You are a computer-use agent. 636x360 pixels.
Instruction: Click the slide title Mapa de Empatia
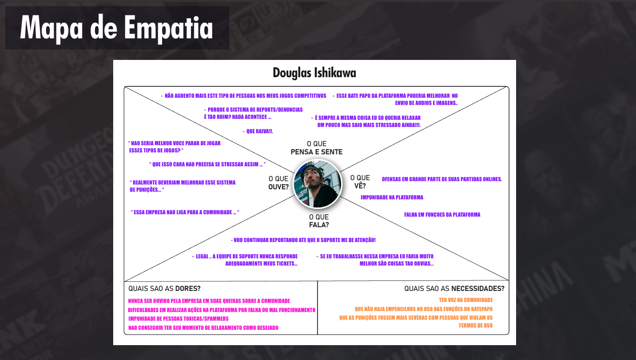coord(117,28)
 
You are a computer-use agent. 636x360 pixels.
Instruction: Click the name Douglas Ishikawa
coord(314,73)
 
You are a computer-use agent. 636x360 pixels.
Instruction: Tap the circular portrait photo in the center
coord(317,184)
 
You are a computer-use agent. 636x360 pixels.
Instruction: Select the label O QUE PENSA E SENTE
coord(317,148)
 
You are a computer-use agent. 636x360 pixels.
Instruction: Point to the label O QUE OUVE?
coord(279,183)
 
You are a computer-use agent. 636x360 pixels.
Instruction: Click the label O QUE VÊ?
coord(360,182)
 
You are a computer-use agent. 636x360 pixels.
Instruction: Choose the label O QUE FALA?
coord(319,221)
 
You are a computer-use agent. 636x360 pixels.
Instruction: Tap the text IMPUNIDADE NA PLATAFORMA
coord(392,197)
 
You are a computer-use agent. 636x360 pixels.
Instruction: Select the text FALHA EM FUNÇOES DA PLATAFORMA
coord(442,215)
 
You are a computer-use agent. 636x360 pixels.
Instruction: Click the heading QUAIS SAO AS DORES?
coord(165,289)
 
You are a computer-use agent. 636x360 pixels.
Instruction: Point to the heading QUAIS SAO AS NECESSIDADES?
coord(454,289)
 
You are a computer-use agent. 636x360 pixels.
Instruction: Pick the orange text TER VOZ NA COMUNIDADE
coord(465,300)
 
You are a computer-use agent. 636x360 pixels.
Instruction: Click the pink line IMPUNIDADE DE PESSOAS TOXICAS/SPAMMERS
coord(178,319)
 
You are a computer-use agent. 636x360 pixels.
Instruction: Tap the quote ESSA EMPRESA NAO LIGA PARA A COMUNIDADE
coord(185,212)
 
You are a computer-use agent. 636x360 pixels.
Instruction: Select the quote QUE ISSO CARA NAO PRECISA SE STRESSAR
coord(207,164)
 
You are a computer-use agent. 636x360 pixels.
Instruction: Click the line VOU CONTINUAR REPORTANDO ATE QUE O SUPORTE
coord(303,240)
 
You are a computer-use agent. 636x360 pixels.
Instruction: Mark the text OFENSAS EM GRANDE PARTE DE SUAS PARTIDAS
coord(441,179)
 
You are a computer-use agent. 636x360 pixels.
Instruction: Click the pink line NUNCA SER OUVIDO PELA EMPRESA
coord(209,301)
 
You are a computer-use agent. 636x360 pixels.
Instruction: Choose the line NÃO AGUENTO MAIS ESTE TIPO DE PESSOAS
coord(244,96)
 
